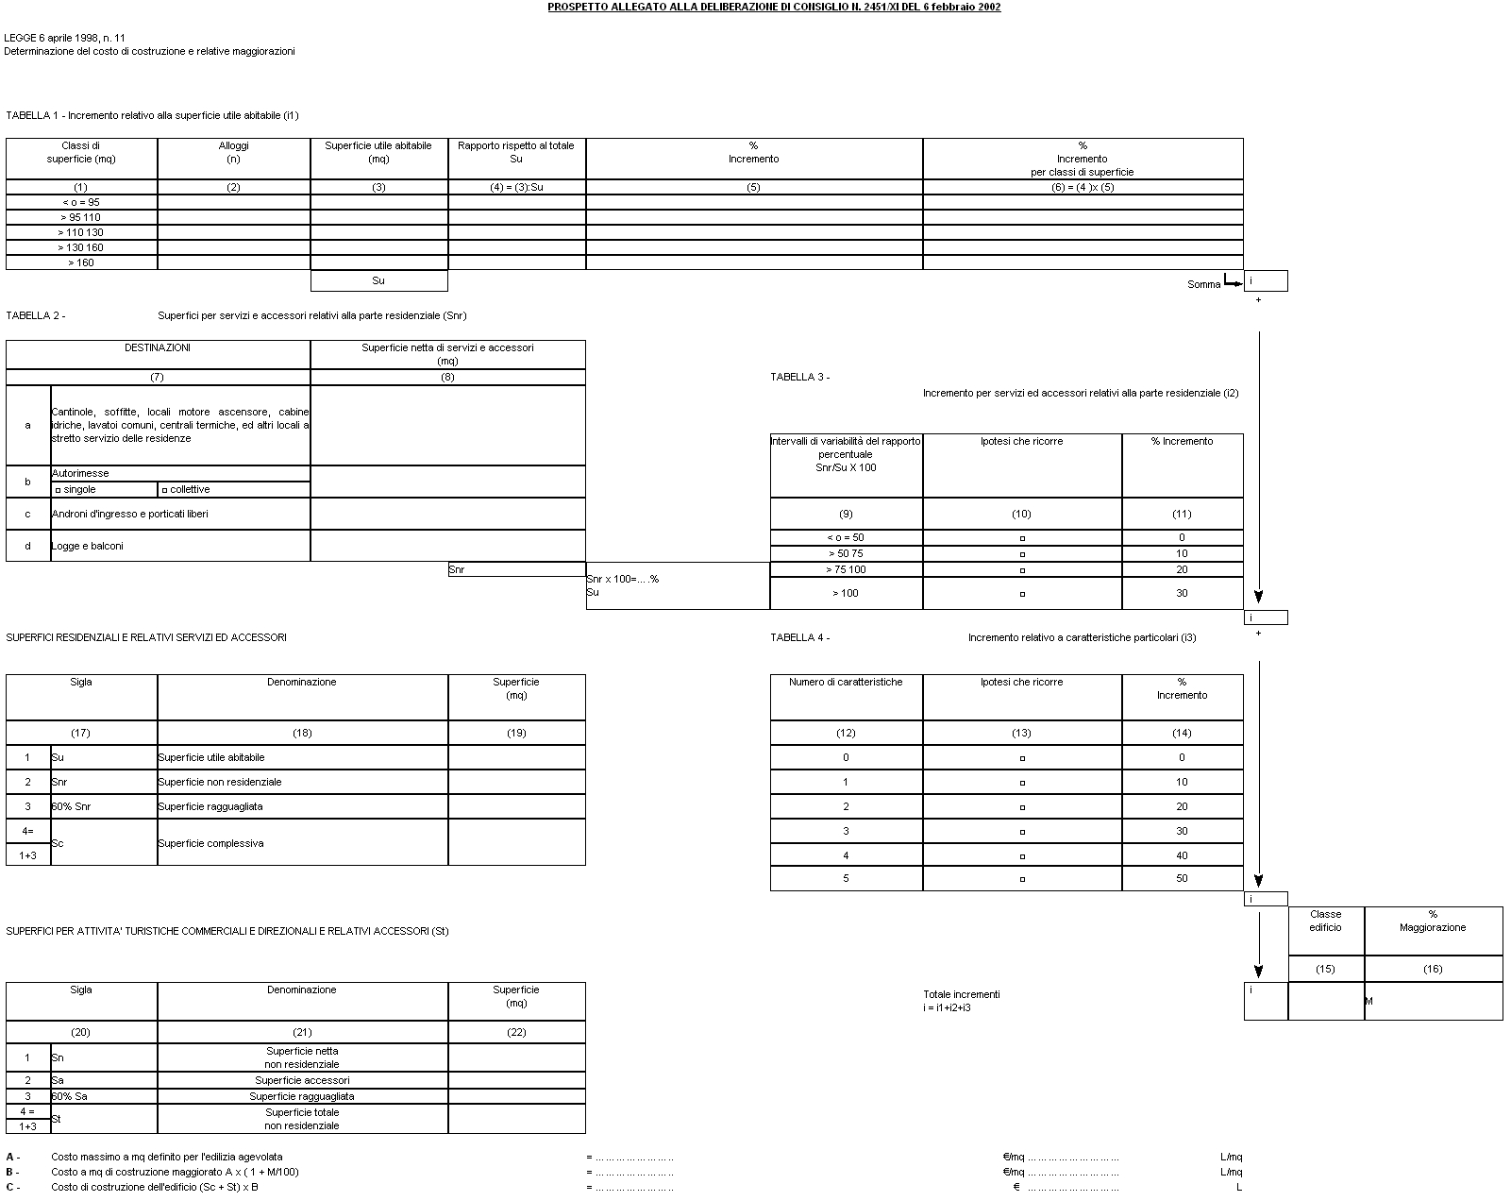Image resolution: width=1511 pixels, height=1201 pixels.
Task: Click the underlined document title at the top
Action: [x=774, y=7]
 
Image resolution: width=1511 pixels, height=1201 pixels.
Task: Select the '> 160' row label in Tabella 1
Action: [x=81, y=262]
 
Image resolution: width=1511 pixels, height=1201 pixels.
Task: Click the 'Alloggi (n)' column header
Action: [x=233, y=152]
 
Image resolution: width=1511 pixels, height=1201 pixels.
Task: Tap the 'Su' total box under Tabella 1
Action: [x=378, y=280]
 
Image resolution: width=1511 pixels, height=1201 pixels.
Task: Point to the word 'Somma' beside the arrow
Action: [x=1203, y=284]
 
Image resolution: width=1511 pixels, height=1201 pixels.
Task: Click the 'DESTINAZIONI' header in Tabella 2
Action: [x=158, y=347]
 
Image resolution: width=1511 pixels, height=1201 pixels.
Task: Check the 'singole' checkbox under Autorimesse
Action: [x=59, y=490]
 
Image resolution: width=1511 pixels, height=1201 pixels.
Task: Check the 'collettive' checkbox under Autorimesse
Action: [x=165, y=490]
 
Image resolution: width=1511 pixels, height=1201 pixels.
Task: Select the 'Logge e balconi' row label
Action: [x=88, y=546]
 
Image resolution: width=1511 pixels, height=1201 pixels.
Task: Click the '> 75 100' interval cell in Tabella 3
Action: [x=846, y=569]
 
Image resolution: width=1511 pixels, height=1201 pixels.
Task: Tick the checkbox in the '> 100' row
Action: [x=1022, y=594]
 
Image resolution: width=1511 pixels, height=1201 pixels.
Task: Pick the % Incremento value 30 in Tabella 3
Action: [x=1182, y=593]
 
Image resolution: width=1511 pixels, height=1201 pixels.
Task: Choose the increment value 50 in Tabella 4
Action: [x=1182, y=878]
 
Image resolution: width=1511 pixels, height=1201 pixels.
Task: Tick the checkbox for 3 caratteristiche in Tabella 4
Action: [x=1022, y=832]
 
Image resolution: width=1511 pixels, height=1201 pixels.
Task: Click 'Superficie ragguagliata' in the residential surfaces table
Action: [x=210, y=806]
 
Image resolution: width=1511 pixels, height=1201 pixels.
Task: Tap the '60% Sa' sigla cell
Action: [x=70, y=1096]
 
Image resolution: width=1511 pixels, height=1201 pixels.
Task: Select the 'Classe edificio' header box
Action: [x=1325, y=921]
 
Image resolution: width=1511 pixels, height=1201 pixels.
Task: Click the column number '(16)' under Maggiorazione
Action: [x=1433, y=969]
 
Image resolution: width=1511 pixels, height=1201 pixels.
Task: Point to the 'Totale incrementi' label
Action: [x=961, y=994]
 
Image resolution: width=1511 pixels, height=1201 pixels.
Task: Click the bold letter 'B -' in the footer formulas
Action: [x=13, y=1172]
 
